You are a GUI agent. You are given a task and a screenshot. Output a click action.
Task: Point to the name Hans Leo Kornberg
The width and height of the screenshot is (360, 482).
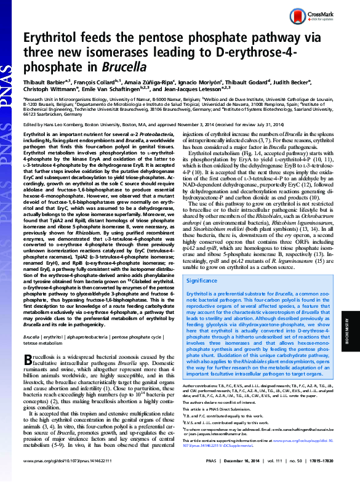74,123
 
